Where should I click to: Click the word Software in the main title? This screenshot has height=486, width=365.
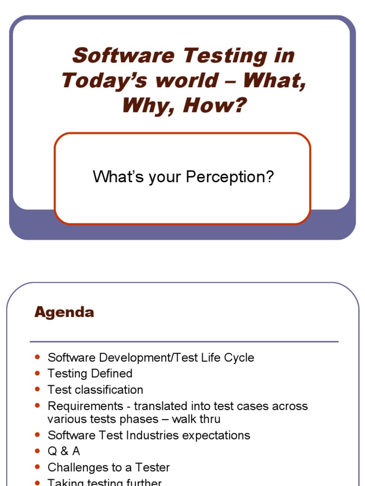pos(123,56)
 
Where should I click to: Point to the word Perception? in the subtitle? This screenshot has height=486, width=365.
pos(230,177)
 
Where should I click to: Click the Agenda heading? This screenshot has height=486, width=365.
pos(64,312)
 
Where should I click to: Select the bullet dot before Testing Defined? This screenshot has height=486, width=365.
pos(38,373)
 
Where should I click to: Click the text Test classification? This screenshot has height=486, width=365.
pos(95,390)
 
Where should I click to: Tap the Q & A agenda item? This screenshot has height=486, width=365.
pos(64,451)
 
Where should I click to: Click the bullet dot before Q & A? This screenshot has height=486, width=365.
pos(38,451)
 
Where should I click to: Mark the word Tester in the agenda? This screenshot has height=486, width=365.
pos(153,467)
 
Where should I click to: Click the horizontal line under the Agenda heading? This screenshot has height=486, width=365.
pos(183,341)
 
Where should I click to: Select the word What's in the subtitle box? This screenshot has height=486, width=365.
pos(114,177)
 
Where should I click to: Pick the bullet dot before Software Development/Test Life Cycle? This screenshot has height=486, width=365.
pos(38,357)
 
